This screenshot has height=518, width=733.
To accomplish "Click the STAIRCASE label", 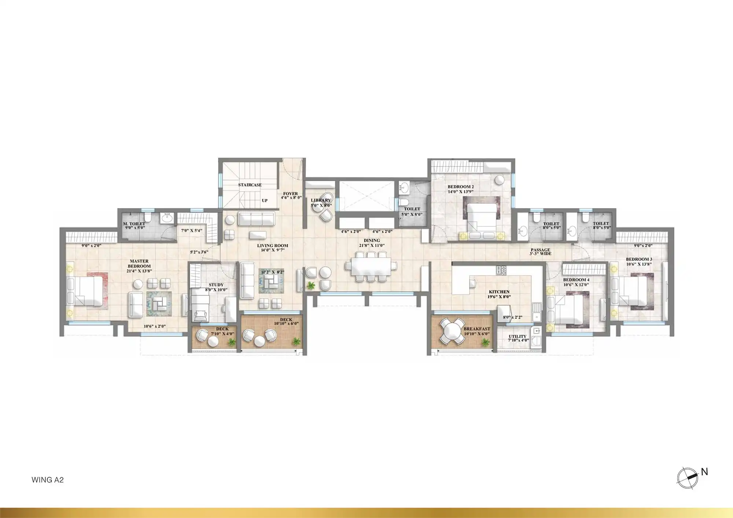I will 250,185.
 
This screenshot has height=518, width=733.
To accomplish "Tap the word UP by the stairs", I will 265,201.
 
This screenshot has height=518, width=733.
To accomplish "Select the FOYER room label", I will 290,193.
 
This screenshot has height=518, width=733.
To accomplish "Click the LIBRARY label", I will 321,200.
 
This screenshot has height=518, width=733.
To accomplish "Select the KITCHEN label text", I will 499,292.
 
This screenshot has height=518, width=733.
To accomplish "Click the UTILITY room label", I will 517,336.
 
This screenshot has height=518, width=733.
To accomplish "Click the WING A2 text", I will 48,480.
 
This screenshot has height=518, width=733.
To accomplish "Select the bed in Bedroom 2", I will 482,216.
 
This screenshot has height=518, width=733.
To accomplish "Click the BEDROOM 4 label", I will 576,280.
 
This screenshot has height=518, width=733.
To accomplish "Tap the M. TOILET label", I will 134,224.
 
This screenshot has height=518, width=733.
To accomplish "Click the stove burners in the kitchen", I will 501,270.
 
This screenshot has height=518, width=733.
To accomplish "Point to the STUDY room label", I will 216,285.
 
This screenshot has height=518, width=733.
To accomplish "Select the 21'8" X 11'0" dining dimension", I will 372,245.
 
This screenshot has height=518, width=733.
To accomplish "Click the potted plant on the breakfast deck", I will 486,342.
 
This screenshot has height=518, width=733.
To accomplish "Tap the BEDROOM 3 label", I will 639,259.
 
